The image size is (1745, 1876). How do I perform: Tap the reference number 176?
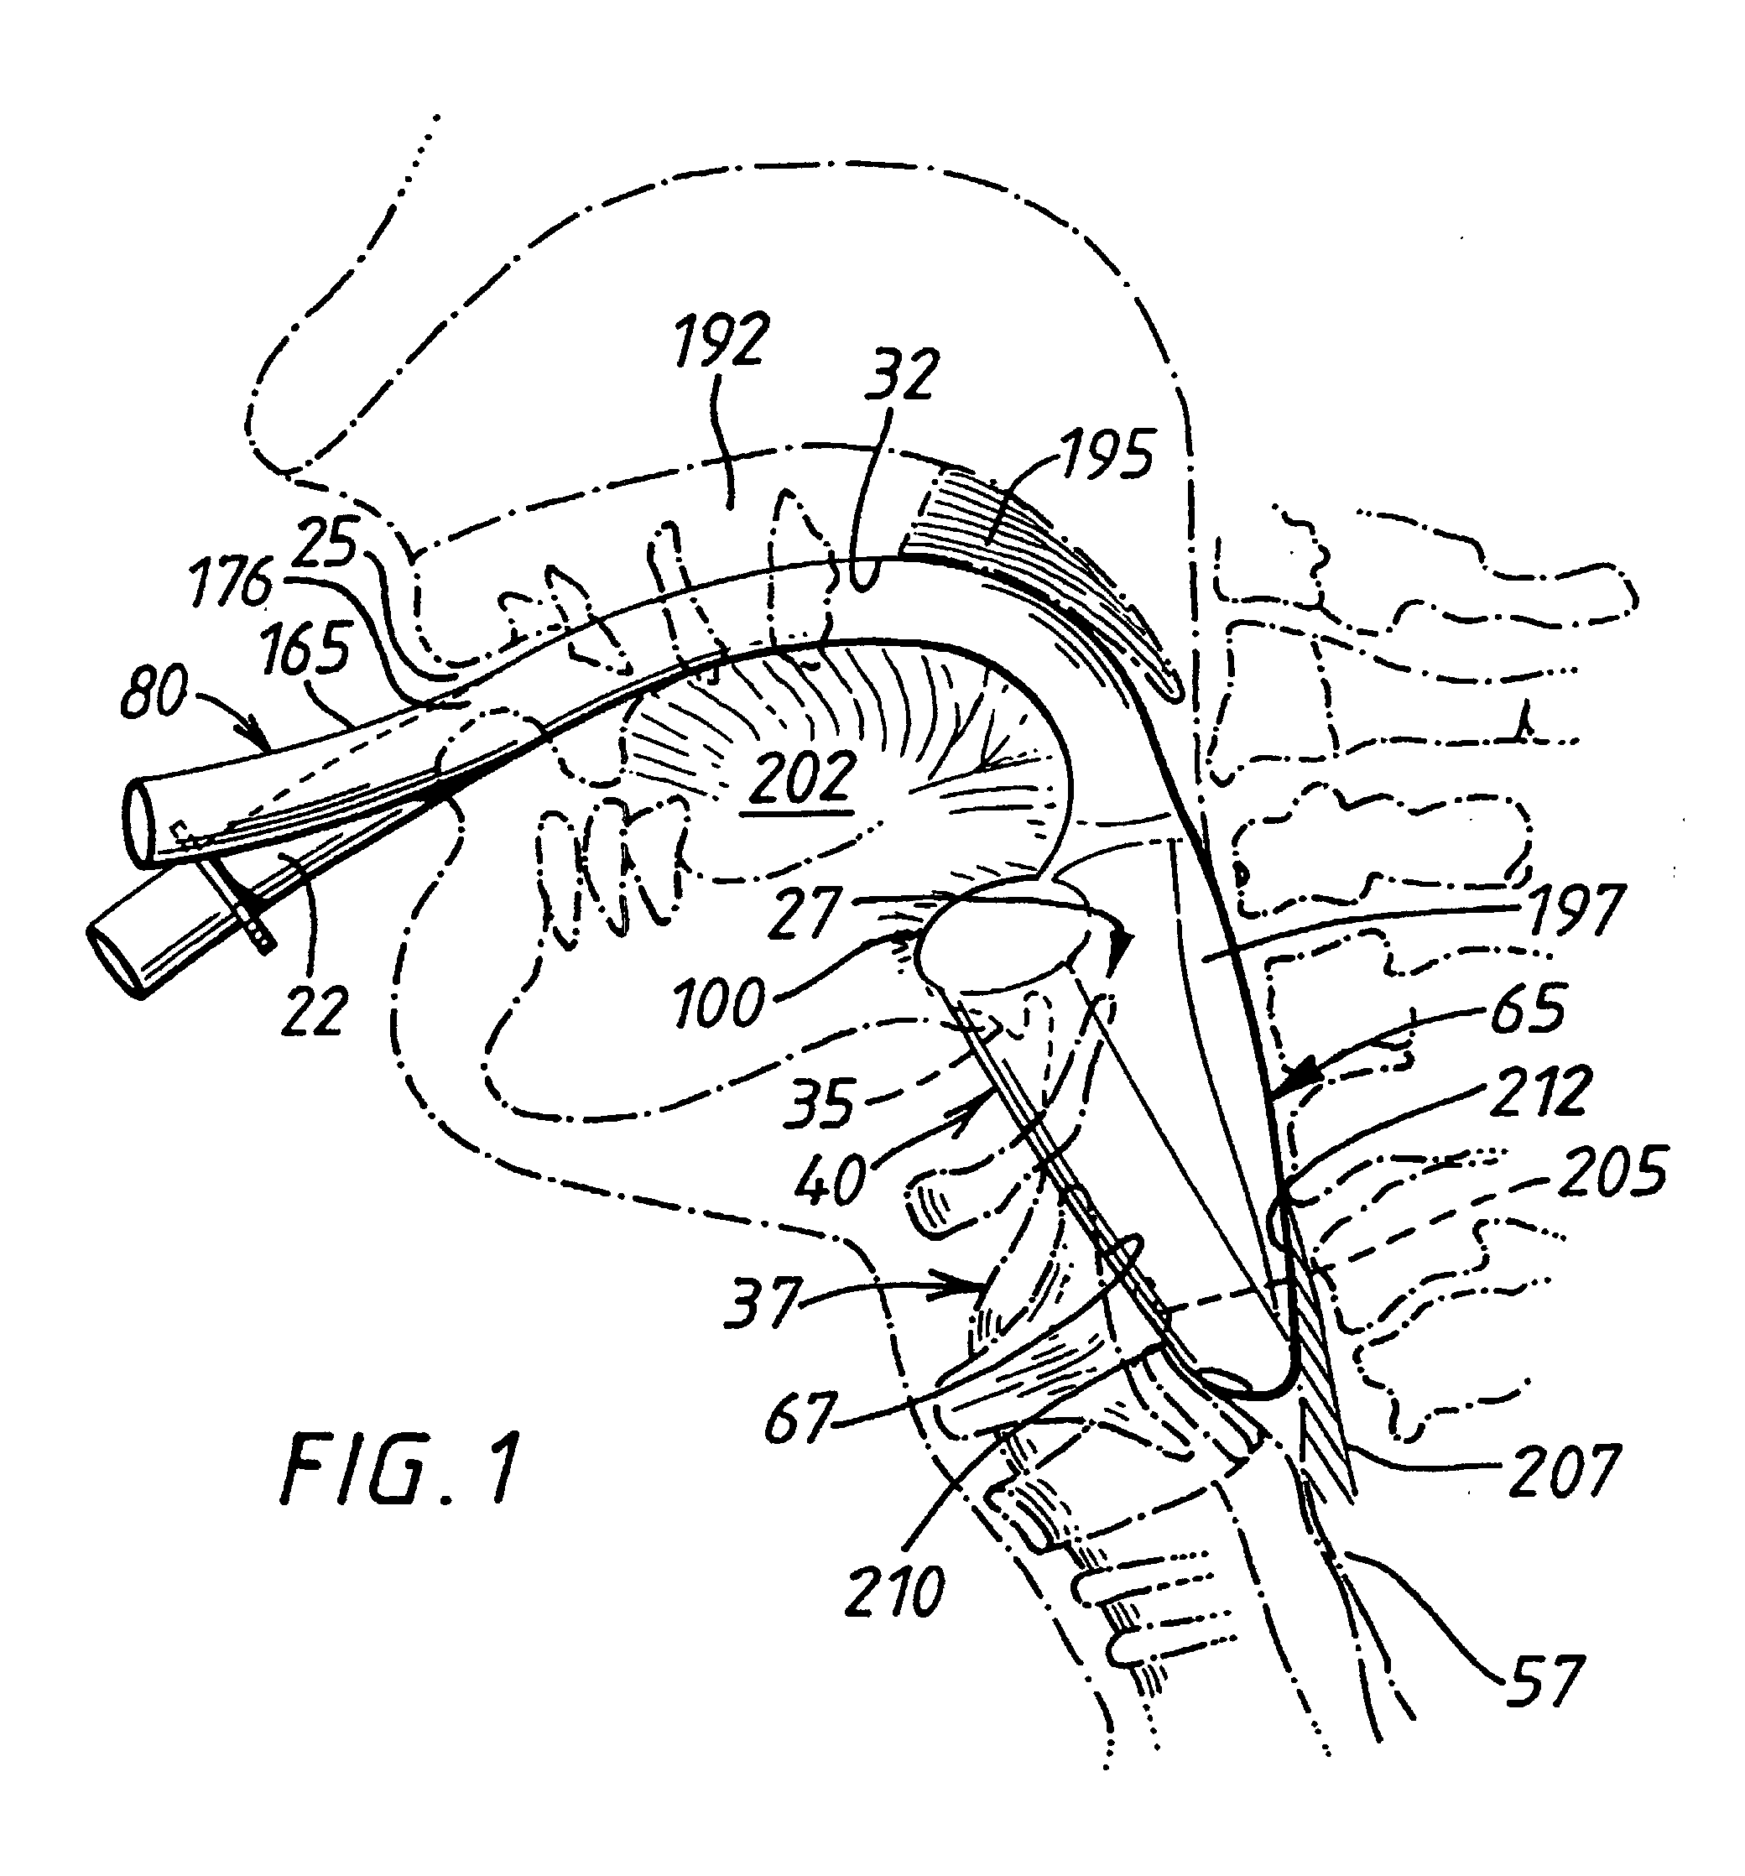pyautogui.click(x=230, y=586)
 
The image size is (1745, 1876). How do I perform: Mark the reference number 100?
pyautogui.click(x=717, y=1003)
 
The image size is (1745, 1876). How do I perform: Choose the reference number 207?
pyautogui.click(x=1561, y=1473)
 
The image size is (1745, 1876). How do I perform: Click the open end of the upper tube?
pyautogui.click(x=138, y=823)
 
